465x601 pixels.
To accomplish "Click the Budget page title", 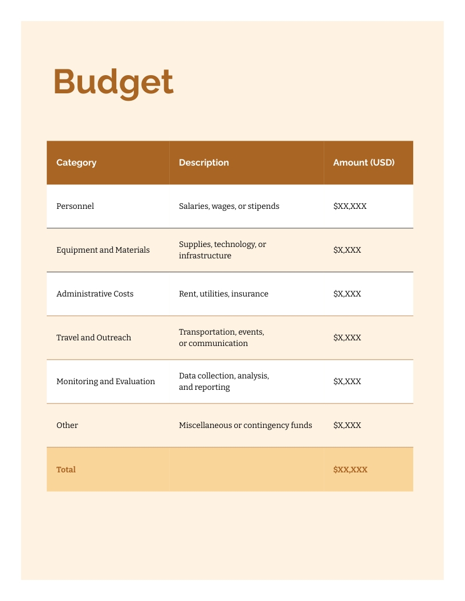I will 113,82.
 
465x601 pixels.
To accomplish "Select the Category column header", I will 76,163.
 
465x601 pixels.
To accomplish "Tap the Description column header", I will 203,163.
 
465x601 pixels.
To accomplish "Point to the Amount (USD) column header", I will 364,163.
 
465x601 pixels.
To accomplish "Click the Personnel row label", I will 75,206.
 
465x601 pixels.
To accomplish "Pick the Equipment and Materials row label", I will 103,250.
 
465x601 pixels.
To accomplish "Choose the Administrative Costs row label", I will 95,294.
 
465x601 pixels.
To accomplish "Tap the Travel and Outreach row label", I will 93,337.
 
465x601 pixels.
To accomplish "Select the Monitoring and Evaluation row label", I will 105,381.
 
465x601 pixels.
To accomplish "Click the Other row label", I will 67,425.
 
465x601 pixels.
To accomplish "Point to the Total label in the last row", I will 66,470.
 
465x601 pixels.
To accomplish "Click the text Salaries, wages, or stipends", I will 229,206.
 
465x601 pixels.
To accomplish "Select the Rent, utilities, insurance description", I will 223,294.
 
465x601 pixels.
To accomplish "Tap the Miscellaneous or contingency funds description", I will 245,425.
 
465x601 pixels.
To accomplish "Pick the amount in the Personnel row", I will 350,206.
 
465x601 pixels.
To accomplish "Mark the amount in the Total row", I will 350,470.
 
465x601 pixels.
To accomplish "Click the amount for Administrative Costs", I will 347,294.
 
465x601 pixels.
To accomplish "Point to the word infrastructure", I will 205,256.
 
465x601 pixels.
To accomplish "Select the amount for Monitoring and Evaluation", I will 347,381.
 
